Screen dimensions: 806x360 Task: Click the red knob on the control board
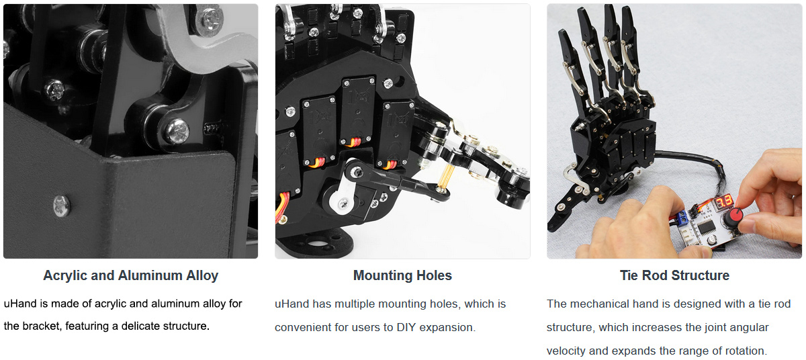733,218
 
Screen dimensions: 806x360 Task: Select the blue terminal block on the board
681,218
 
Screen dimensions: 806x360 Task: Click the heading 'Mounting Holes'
402,275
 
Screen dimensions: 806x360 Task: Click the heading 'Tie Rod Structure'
674,275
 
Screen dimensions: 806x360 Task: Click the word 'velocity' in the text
566,351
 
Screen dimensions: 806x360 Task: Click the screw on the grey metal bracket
62,206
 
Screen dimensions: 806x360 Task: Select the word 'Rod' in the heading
655,275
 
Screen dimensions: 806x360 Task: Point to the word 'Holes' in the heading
434,275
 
